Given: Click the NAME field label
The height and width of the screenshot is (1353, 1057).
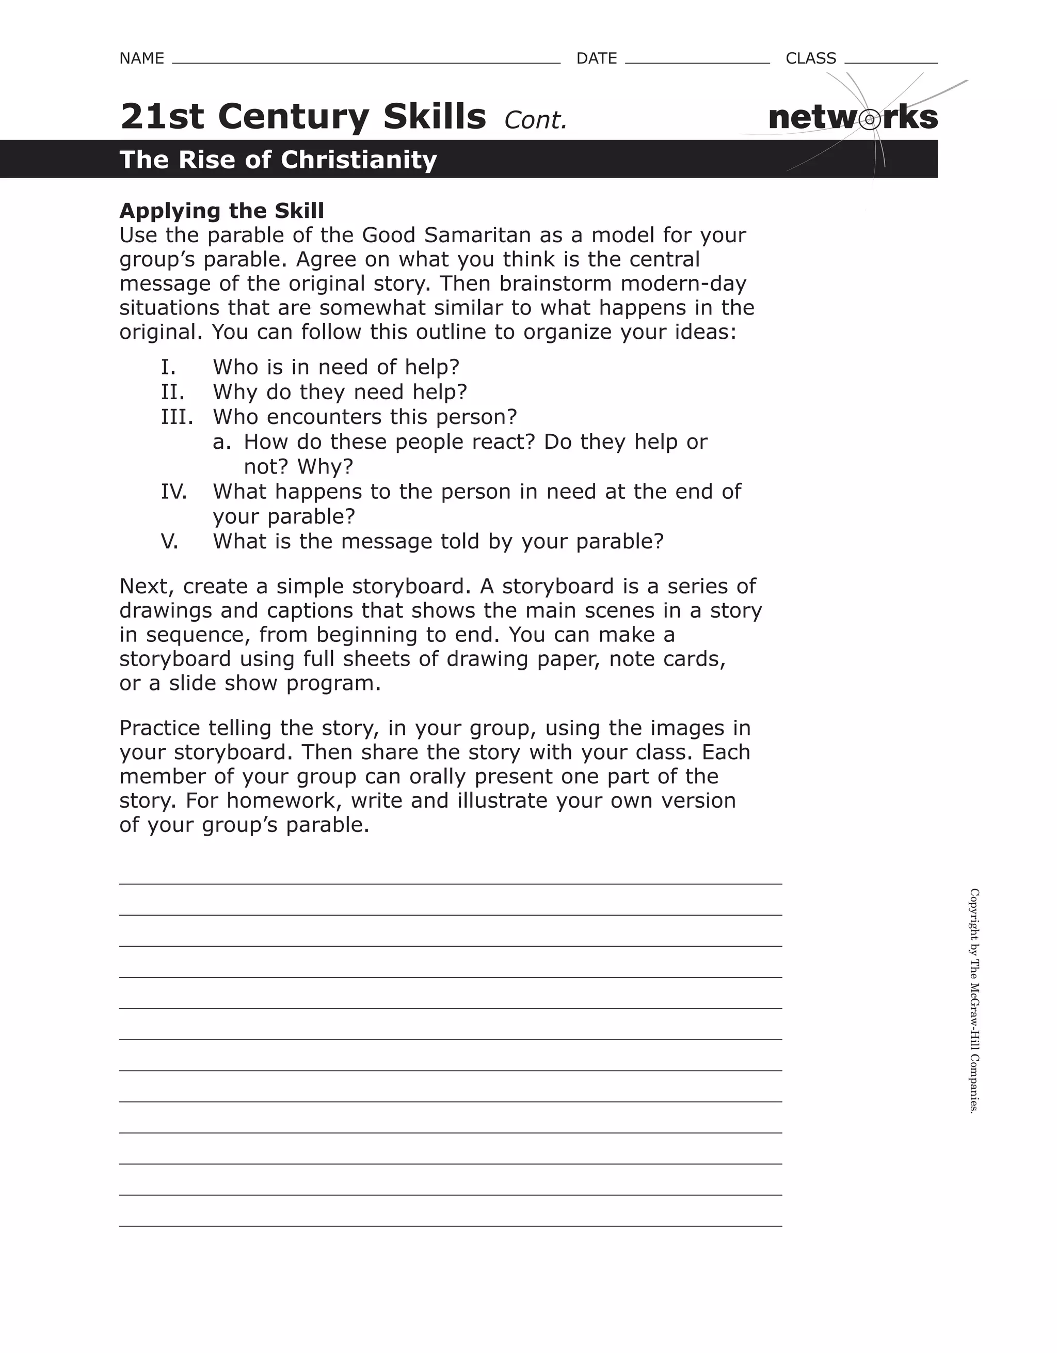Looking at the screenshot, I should [141, 58].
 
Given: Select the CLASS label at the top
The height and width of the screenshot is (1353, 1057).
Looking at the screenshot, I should [810, 58].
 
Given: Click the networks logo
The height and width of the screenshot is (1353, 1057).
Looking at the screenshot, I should [853, 117].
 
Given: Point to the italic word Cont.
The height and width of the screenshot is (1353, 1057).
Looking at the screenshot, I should [535, 120].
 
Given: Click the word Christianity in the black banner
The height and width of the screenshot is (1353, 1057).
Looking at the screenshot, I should [359, 160].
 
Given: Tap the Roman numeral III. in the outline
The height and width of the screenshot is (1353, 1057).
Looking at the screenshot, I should [177, 417].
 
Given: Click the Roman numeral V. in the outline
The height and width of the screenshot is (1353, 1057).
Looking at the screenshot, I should [169, 541].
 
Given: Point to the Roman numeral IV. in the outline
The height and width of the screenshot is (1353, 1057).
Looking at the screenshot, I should [173, 492].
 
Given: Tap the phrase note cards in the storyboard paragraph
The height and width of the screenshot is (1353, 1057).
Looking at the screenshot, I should [666, 658].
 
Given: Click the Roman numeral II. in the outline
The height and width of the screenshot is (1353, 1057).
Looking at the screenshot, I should [172, 392].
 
